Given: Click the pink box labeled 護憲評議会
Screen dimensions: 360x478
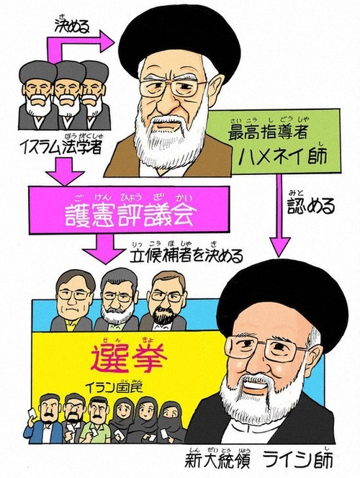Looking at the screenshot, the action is [x=129, y=209].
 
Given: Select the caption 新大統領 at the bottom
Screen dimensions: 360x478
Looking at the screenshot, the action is [x=217, y=461].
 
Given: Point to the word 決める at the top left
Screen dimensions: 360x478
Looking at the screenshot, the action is [x=73, y=27].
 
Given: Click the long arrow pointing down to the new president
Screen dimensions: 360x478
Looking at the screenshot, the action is [x=279, y=216].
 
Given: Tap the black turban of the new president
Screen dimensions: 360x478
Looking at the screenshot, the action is [x=282, y=302].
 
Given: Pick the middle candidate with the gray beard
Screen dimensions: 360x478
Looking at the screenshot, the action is [x=117, y=302].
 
